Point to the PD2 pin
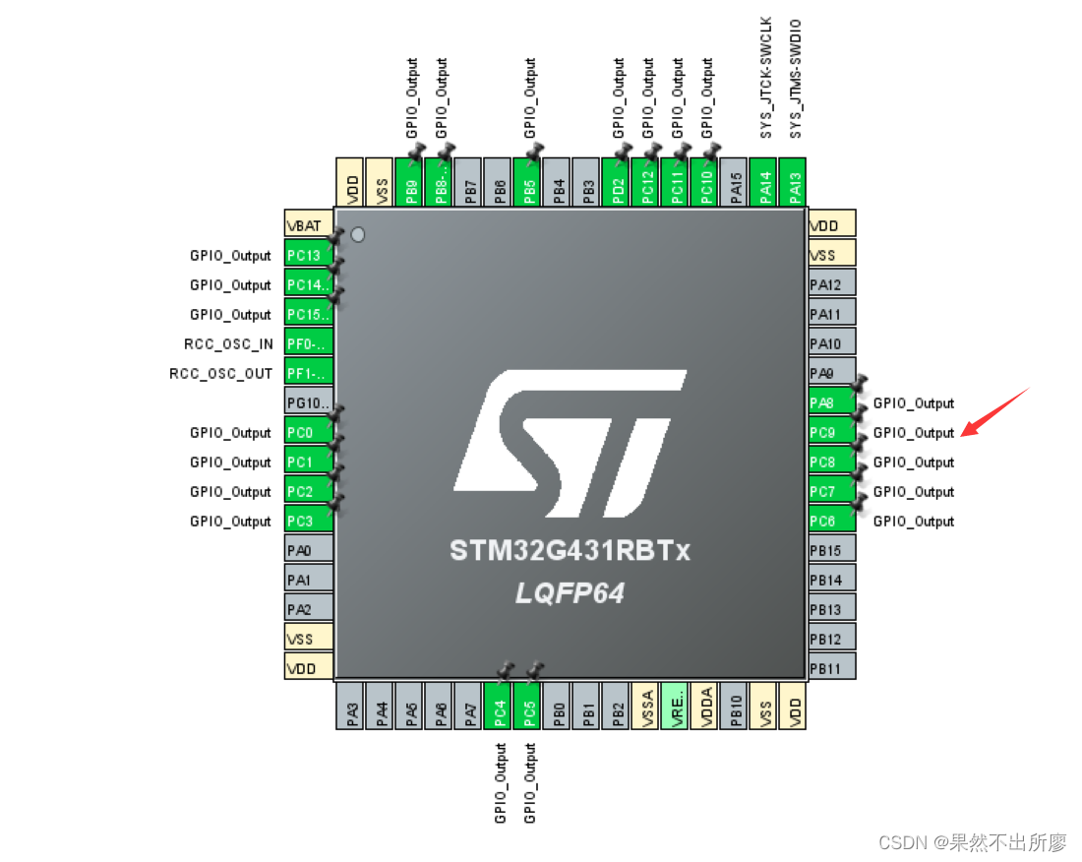coord(616,183)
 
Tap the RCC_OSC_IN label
coord(228,344)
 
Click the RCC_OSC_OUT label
coord(221,374)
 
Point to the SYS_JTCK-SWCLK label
coord(767,77)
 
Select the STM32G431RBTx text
coord(570,550)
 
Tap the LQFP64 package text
coord(570,593)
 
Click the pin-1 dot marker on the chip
coord(358,234)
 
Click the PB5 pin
coord(528,183)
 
